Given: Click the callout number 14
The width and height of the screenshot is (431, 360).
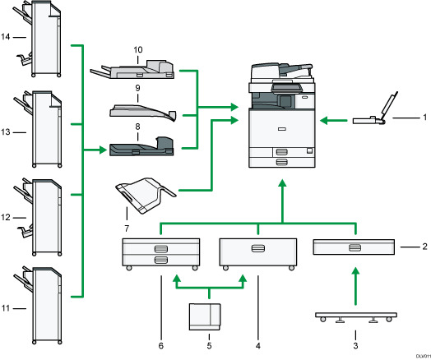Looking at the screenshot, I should click(x=6, y=38).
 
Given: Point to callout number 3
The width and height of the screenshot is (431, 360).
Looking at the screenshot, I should click(x=355, y=335).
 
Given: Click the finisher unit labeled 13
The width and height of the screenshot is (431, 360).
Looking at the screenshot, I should click(x=43, y=131).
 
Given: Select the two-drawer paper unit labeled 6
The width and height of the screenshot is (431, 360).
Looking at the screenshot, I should click(x=160, y=252).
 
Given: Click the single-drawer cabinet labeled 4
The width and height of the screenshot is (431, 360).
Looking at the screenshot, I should click(x=257, y=252).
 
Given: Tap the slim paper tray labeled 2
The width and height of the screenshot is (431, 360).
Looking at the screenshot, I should click(x=355, y=247).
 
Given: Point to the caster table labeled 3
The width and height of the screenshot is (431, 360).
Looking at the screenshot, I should click(x=355, y=316).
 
